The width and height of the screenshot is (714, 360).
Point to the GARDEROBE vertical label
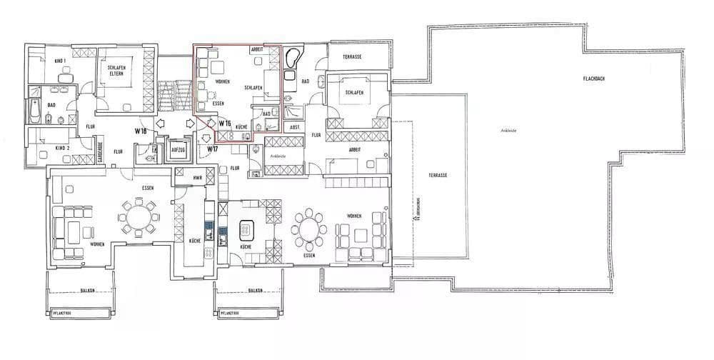click(99, 153)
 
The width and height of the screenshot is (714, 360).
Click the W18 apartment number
click(141, 131)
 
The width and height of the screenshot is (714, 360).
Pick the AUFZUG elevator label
click(178, 150)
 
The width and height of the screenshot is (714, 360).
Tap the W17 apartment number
click(212, 149)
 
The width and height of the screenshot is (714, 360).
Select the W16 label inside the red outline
click(225, 123)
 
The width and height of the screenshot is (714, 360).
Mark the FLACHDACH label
click(594, 78)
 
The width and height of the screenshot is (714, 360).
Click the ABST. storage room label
click(292, 126)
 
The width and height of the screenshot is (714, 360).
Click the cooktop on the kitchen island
click(246, 230)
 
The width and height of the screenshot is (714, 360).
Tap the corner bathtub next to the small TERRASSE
click(291, 58)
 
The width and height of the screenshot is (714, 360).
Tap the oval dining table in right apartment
click(310, 229)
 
